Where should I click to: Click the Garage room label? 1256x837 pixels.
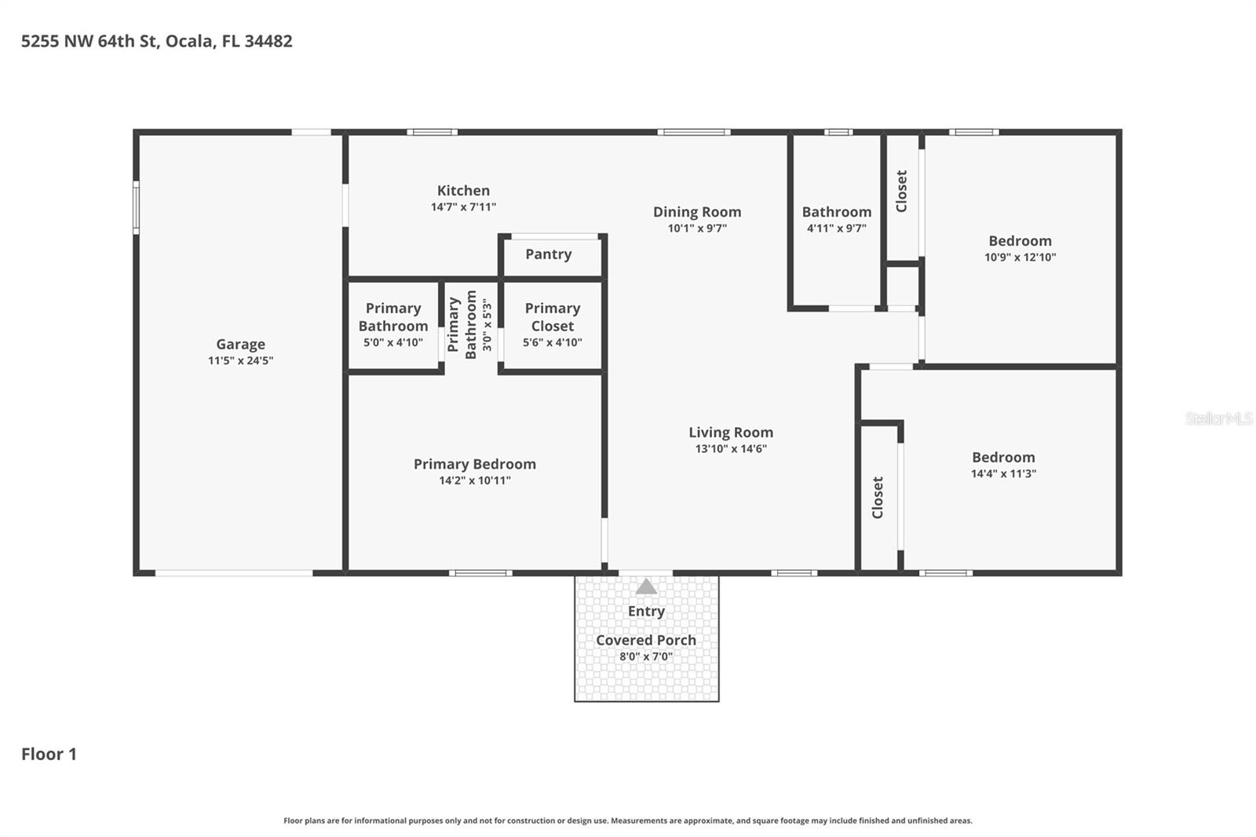coord(240,344)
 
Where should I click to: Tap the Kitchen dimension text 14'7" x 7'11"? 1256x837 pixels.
coord(463,207)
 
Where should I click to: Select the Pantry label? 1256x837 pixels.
coord(548,254)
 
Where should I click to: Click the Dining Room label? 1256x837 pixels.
coord(697,212)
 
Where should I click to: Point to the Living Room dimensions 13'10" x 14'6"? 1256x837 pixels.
coord(731,449)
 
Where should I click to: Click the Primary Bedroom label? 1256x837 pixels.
coord(474,464)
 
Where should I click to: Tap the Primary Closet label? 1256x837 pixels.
coord(552,317)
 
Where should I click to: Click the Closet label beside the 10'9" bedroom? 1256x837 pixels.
coord(901,191)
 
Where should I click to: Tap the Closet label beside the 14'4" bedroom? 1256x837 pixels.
coord(878,497)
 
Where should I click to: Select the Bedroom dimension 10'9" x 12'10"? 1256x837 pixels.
coord(1020,258)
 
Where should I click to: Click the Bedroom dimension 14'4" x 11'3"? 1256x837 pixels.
coord(1003,473)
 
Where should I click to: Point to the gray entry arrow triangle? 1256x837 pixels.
coord(646,587)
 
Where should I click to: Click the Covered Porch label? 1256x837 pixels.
coord(645,640)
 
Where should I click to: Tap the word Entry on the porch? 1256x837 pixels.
coord(646,611)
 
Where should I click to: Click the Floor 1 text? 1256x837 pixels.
coord(49,754)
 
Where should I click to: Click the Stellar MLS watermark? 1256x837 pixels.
coord(1218,418)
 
